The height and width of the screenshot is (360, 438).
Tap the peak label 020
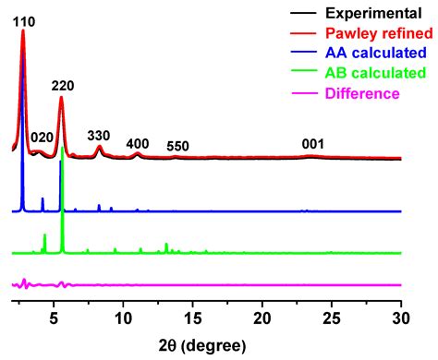pyautogui.click(x=42, y=138)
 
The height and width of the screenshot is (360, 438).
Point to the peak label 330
pyautogui.click(x=99, y=136)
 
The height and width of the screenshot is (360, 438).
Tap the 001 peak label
pyautogui.click(x=313, y=144)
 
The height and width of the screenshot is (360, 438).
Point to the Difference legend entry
pyautogui.click(x=359, y=93)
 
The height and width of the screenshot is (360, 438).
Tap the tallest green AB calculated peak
pyautogui.click(x=62, y=150)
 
